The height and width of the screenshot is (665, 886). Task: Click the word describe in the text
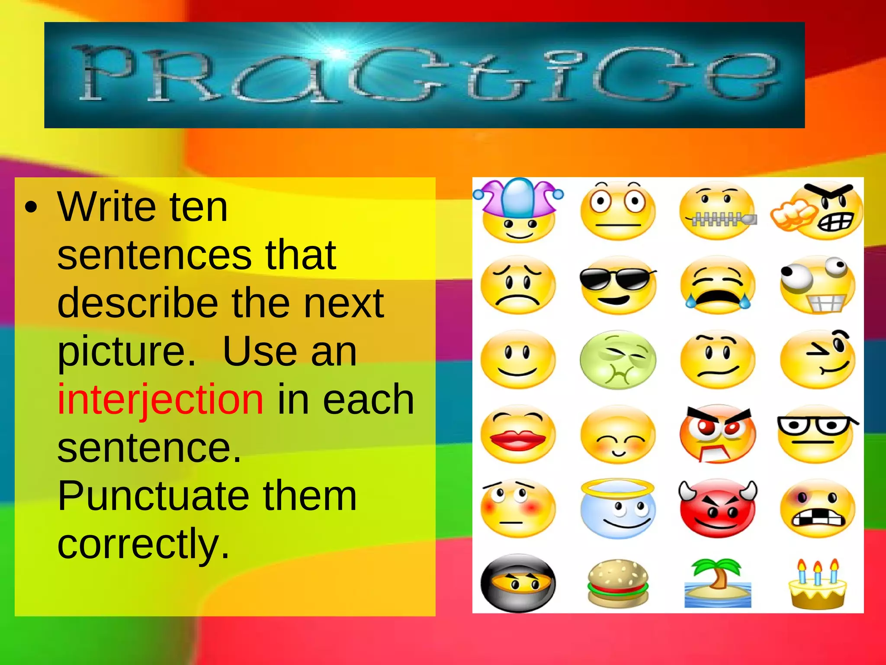137,303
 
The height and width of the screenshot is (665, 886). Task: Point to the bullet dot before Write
31,207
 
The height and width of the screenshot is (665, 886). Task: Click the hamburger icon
618,583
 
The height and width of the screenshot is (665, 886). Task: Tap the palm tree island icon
717,583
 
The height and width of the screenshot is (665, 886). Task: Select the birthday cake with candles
817,584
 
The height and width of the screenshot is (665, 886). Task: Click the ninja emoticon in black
518,583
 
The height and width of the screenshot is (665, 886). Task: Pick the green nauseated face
618,360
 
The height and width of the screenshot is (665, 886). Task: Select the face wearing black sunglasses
618,285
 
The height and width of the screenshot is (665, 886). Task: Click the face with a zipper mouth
718,211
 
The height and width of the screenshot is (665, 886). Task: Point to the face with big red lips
518,434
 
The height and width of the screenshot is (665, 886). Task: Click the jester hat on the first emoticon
518,197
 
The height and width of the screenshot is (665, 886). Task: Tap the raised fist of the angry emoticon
791,216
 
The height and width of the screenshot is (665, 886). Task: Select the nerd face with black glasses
817,434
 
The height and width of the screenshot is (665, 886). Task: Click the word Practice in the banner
424,74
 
